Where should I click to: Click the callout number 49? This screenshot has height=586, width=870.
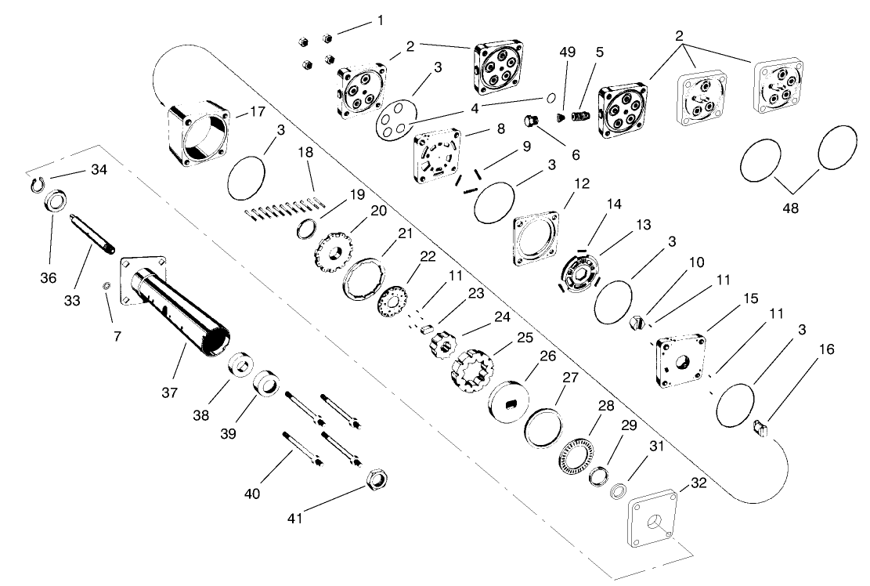point(566,53)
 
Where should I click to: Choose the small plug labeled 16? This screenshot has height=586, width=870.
point(759,428)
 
